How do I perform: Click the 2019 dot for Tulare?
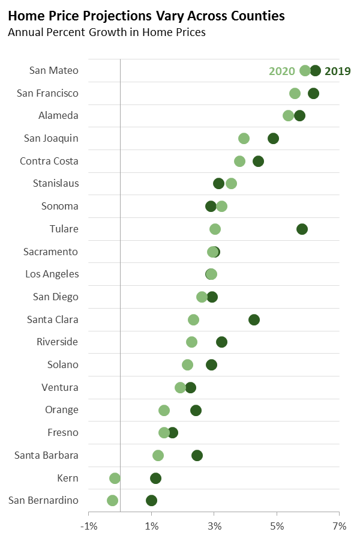[x=302, y=229]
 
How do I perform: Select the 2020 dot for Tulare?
[x=215, y=229]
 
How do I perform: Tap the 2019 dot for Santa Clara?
[x=254, y=319]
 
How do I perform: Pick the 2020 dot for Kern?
[x=115, y=478]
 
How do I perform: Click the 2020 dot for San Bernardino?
[x=112, y=500]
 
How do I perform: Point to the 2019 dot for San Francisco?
[x=313, y=93]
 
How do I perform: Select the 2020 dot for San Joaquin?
[x=244, y=139]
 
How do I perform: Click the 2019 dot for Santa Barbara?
[x=197, y=455]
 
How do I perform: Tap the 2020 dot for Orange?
[x=164, y=410]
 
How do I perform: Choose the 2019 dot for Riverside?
[x=221, y=342]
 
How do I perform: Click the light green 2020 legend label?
[x=281, y=71]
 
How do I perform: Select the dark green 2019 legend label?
[x=337, y=71]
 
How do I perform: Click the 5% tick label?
[x=277, y=527]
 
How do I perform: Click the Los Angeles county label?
[x=52, y=274]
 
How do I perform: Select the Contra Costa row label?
[x=49, y=161]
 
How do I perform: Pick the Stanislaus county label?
[x=55, y=183]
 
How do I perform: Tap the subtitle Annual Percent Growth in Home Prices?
[x=107, y=32]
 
